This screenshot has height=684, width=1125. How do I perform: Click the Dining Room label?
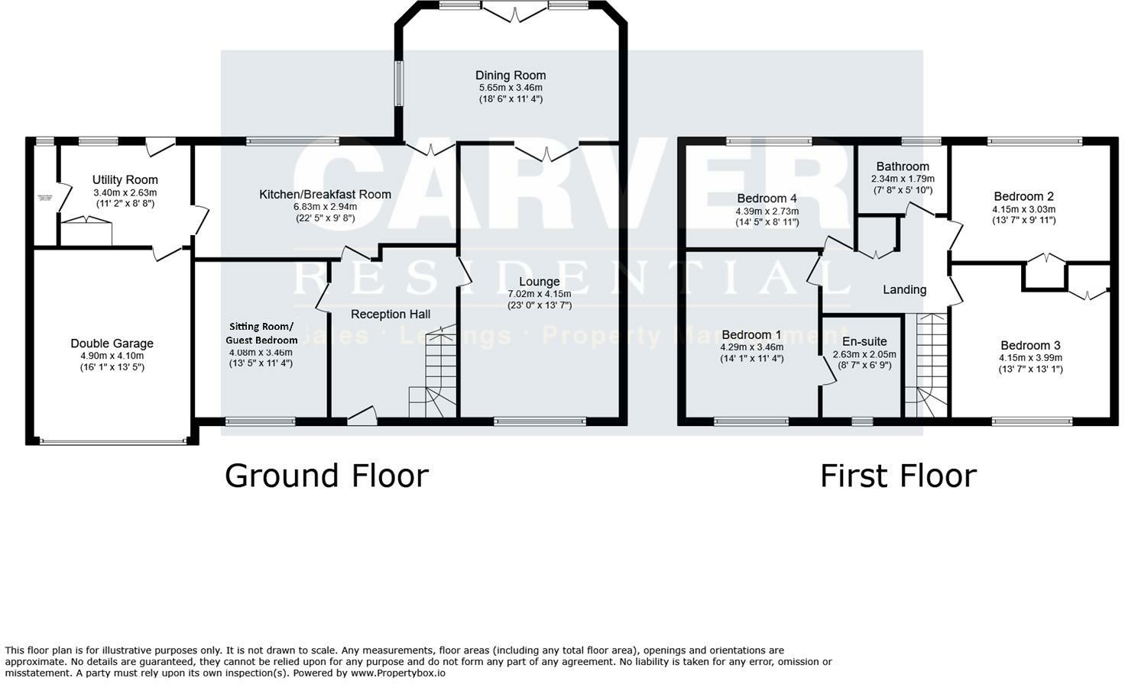click(511, 75)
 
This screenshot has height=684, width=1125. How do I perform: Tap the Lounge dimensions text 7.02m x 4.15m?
click(539, 294)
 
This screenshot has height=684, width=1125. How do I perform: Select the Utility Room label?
click(125, 180)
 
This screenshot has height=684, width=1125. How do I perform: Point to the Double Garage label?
click(112, 344)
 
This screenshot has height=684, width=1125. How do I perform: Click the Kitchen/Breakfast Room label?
click(325, 195)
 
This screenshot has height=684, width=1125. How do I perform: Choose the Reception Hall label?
click(391, 314)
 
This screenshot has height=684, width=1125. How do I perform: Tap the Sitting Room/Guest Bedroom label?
click(261, 333)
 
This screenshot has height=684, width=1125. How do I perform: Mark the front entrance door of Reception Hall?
click(362, 417)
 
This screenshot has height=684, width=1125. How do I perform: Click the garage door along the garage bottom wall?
click(112, 440)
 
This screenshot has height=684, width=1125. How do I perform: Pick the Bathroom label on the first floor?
click(903, 166)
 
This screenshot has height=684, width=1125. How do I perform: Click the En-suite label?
click(864, 341)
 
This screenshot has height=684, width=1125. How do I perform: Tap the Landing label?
click(904, 289)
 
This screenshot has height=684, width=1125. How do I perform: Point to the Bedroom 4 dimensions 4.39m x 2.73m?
click(767, 211)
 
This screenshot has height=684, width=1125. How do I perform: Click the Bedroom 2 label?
click(1023, 196)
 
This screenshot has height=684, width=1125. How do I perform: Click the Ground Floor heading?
click(326, 476)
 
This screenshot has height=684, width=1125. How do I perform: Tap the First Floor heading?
click(898, 476)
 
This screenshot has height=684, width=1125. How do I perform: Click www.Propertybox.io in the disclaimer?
click(397, 673)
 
